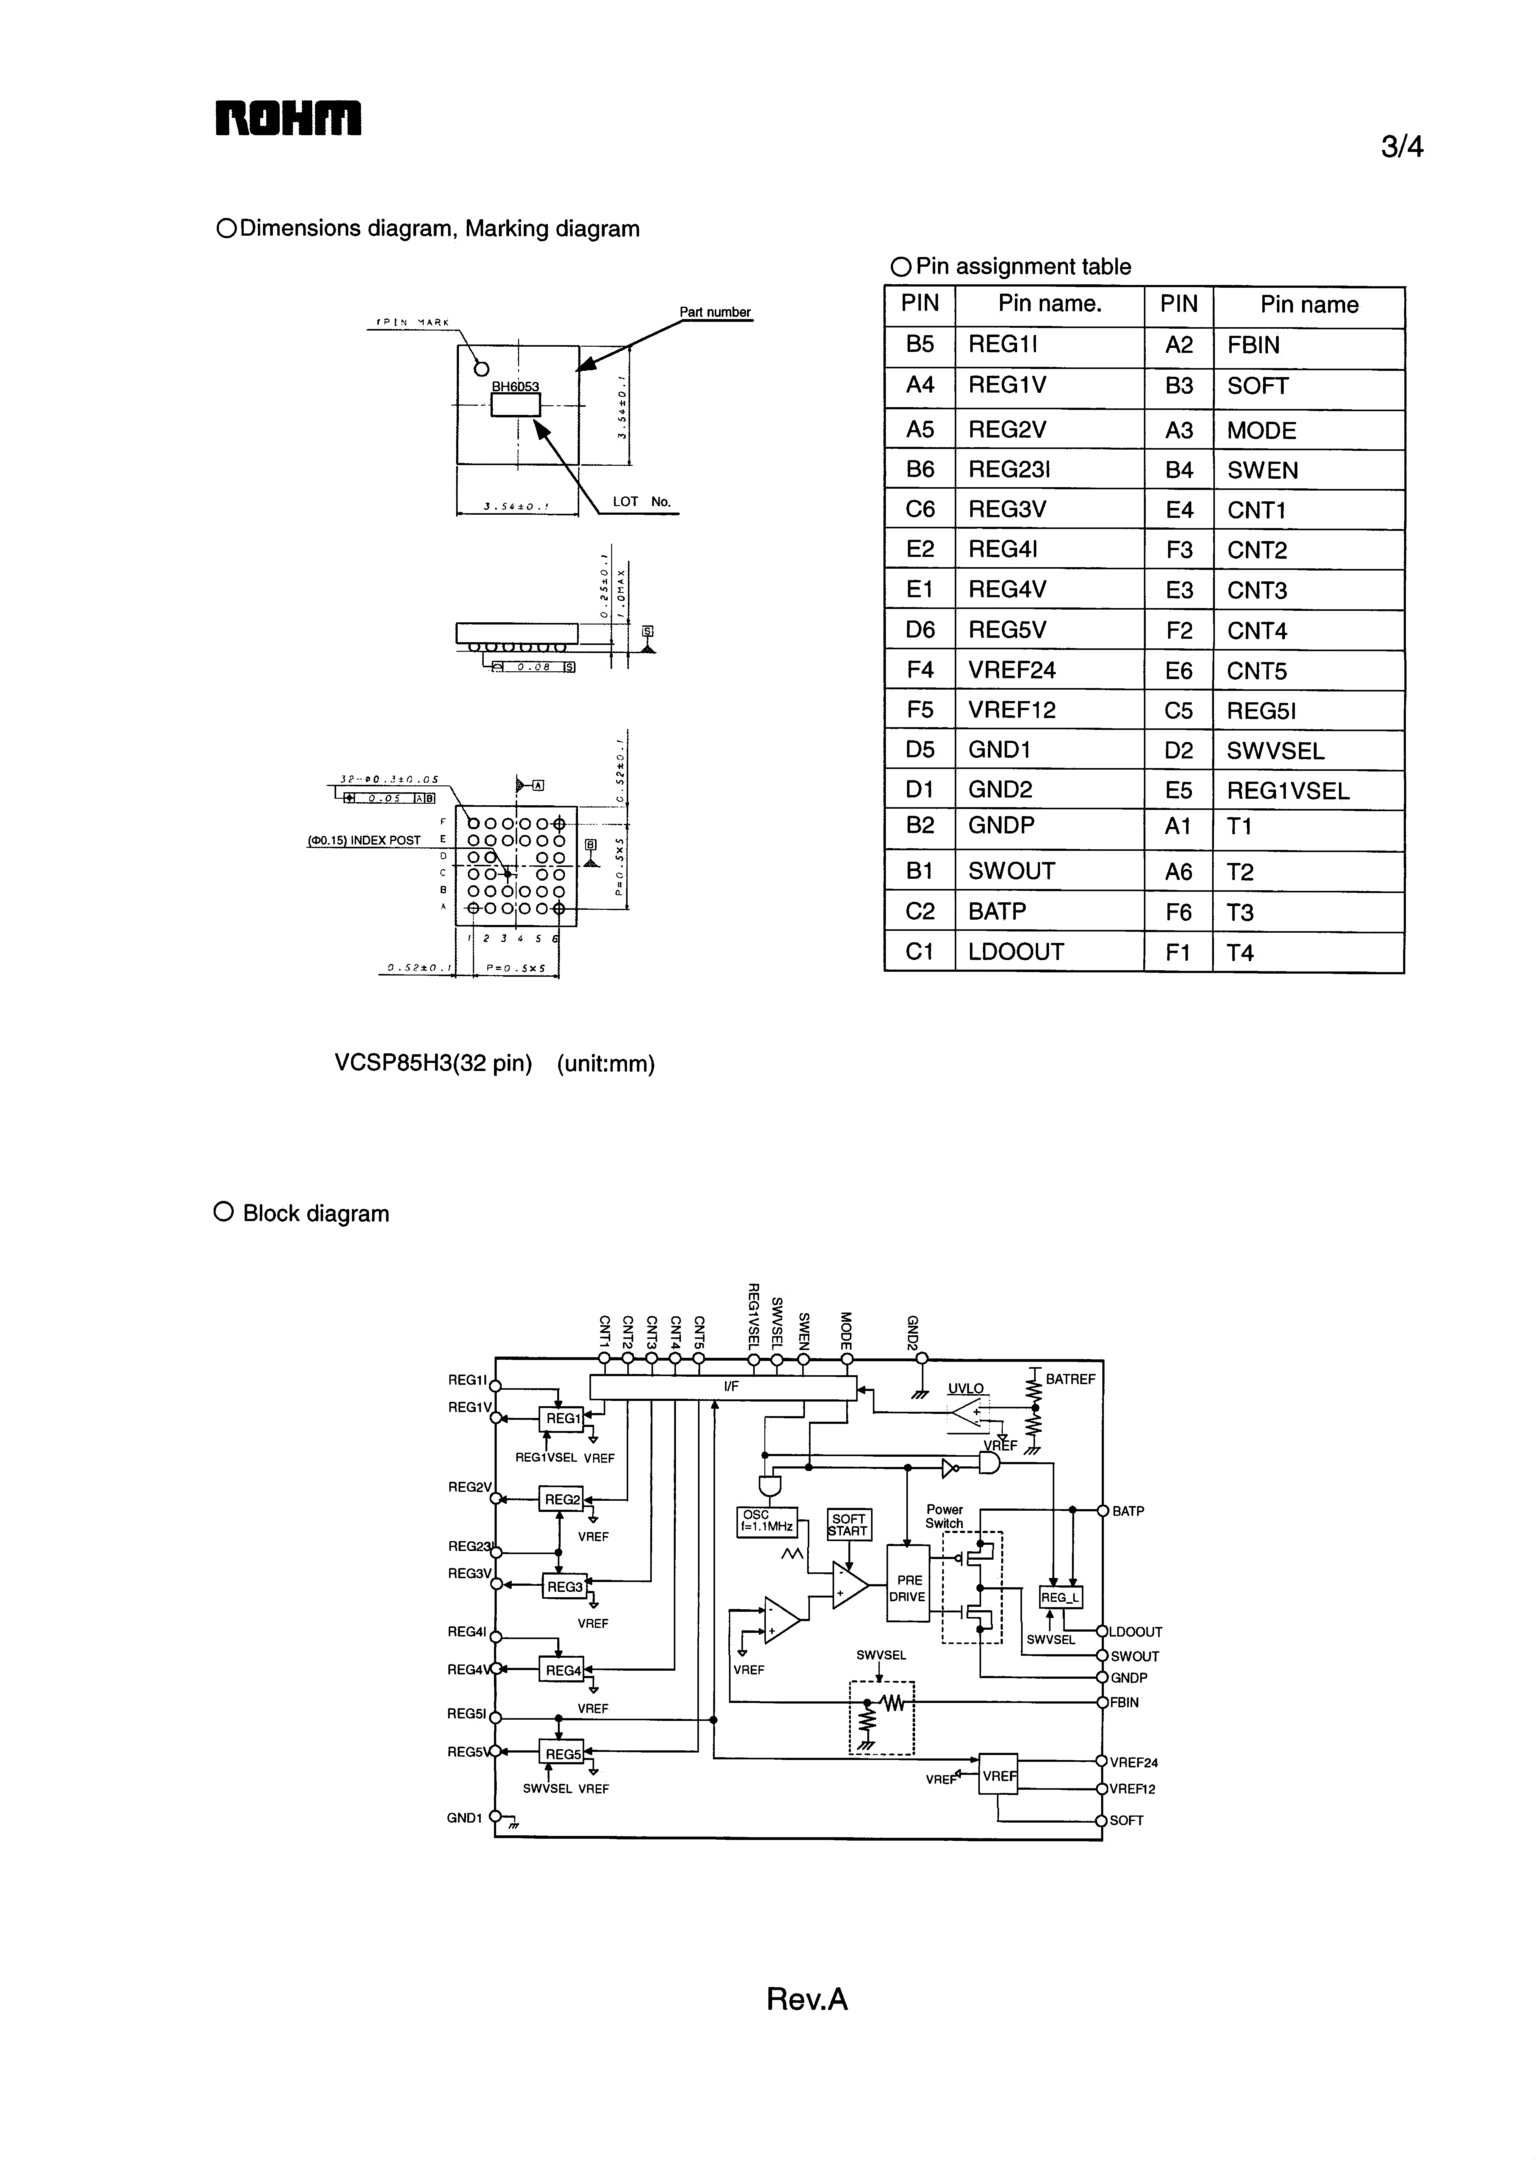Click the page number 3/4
1402,148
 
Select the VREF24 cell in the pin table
1011,670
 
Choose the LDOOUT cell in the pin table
1015,952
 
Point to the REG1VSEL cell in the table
1288,791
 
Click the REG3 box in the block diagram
565,1586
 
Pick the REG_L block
1061,1597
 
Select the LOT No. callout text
641,502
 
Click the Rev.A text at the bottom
807,1999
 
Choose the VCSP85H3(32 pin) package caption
433,1063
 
